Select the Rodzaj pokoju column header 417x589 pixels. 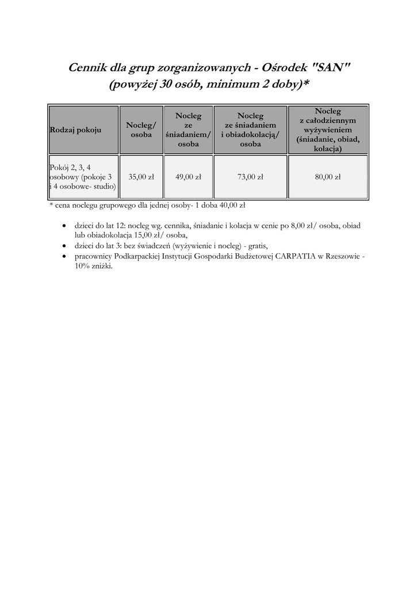point(75,130)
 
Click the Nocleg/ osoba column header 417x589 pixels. point(141,130)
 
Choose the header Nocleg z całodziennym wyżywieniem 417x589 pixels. point(328,130)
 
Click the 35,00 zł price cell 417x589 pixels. point(141,177)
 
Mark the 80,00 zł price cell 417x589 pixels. point(328,177)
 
